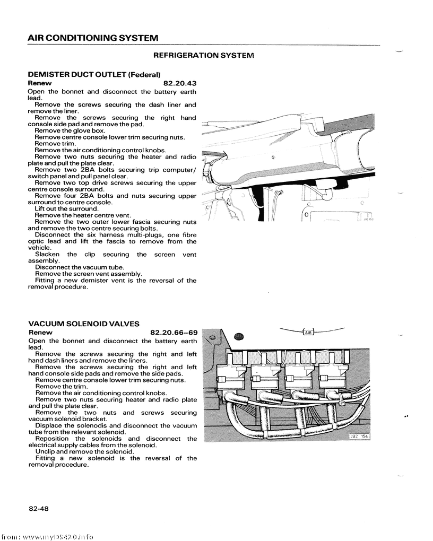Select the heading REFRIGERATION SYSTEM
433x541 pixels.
[x=204, y=55]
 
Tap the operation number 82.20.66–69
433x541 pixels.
[x=173, y=333]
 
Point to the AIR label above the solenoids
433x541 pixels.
[x=308, y=332]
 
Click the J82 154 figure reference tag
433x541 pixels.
[x=359, y=436]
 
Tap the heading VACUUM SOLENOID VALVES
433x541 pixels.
[x=84, y=324]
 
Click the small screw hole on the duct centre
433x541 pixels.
[x=273, y=158]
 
